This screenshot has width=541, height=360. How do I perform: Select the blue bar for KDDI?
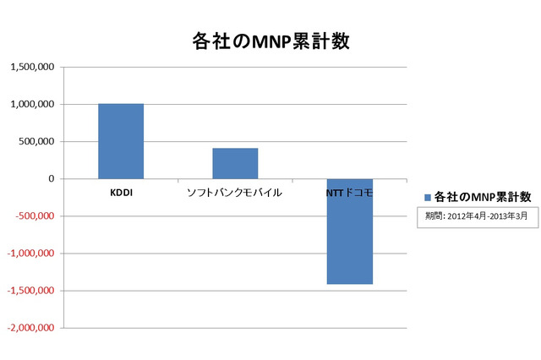[x=120, y=141]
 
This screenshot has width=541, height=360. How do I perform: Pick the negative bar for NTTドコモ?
[x=348, y=232]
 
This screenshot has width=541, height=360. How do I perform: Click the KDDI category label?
[x=120, y=194]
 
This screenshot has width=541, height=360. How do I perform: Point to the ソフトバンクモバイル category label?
[x=234, y=194]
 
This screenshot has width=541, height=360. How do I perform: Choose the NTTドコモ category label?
[x=349, y=194]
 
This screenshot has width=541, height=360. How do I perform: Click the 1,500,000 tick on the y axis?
[x=32, y=68]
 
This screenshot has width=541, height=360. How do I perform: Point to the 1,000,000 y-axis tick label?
[x=32, y=105]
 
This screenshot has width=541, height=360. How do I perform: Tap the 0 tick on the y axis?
[x=52, y=179]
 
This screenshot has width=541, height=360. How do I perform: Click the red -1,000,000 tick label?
[x=30, y=254]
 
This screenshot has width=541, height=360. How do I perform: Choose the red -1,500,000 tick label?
[x=30, y=291]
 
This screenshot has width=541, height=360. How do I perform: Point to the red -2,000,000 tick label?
[x=30, y=328]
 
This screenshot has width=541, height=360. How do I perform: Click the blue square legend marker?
[x=428, y=197]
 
